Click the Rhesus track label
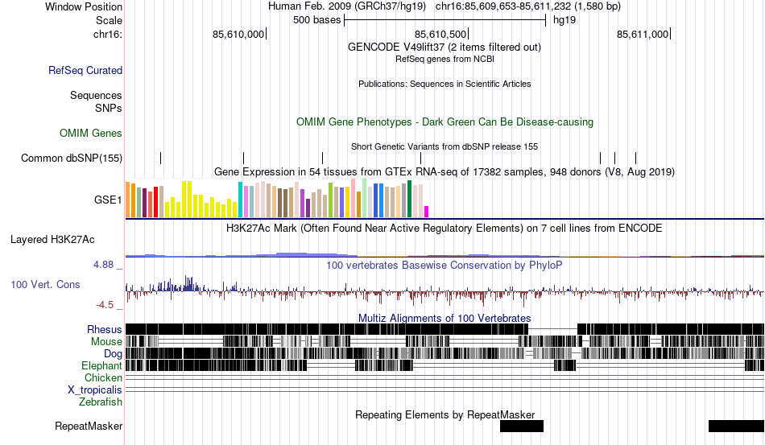click(105, 329)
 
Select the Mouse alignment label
click(106, 341)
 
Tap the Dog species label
click(113, 353)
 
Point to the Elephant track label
click(101, 365)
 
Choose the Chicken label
click(104, 377)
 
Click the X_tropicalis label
click(95, 389)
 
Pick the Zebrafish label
click(101, 402)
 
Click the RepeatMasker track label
click(89, 426)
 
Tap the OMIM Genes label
click(91, 133)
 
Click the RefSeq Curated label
click(85, 71)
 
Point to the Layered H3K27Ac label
click(52, 239)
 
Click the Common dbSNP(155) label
click(72, 159)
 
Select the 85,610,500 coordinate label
click(440, 34)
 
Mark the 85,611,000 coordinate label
click(643, 34)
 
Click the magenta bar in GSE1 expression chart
click(427, 212)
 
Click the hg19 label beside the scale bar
click(564, 20)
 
